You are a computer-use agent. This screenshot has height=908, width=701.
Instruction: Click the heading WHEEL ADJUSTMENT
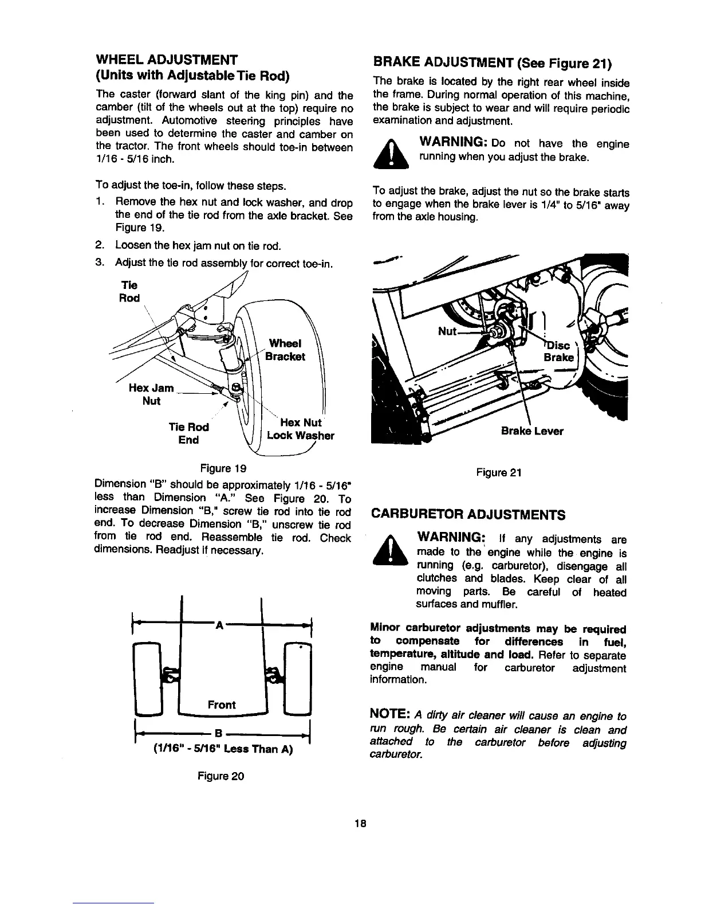pyautogui.click(x=166, y=60)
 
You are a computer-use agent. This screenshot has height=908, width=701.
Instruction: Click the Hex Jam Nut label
pyautogui.click(x=151, y=394)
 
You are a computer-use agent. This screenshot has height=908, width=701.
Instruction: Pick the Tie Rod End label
pyautogui.click(x=188, y=433)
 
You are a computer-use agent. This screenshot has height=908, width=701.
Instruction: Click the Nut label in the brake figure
pyautogui.click(x=447, y=331)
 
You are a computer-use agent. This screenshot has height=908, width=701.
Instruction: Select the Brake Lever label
pyautogui.click(x=532, y=431)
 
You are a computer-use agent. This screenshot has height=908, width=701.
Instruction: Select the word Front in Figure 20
pyautogui.click(x=222, y=705)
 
